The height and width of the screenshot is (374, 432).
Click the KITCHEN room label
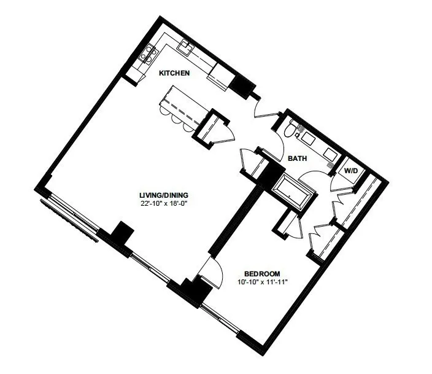(175, 73)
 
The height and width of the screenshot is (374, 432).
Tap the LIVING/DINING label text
(164, 195)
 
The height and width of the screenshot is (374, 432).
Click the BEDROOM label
(262, 274)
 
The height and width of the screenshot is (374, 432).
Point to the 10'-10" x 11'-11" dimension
(263, 282)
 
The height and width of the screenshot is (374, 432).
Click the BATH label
(297, 158)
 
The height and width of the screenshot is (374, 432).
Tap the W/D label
(351, 171)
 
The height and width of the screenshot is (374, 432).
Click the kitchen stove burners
(149, 54)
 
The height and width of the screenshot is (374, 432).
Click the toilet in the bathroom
(291, 129)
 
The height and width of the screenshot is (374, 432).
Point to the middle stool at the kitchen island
(175, 119)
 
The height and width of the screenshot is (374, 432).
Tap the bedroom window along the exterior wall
(220, 319)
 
